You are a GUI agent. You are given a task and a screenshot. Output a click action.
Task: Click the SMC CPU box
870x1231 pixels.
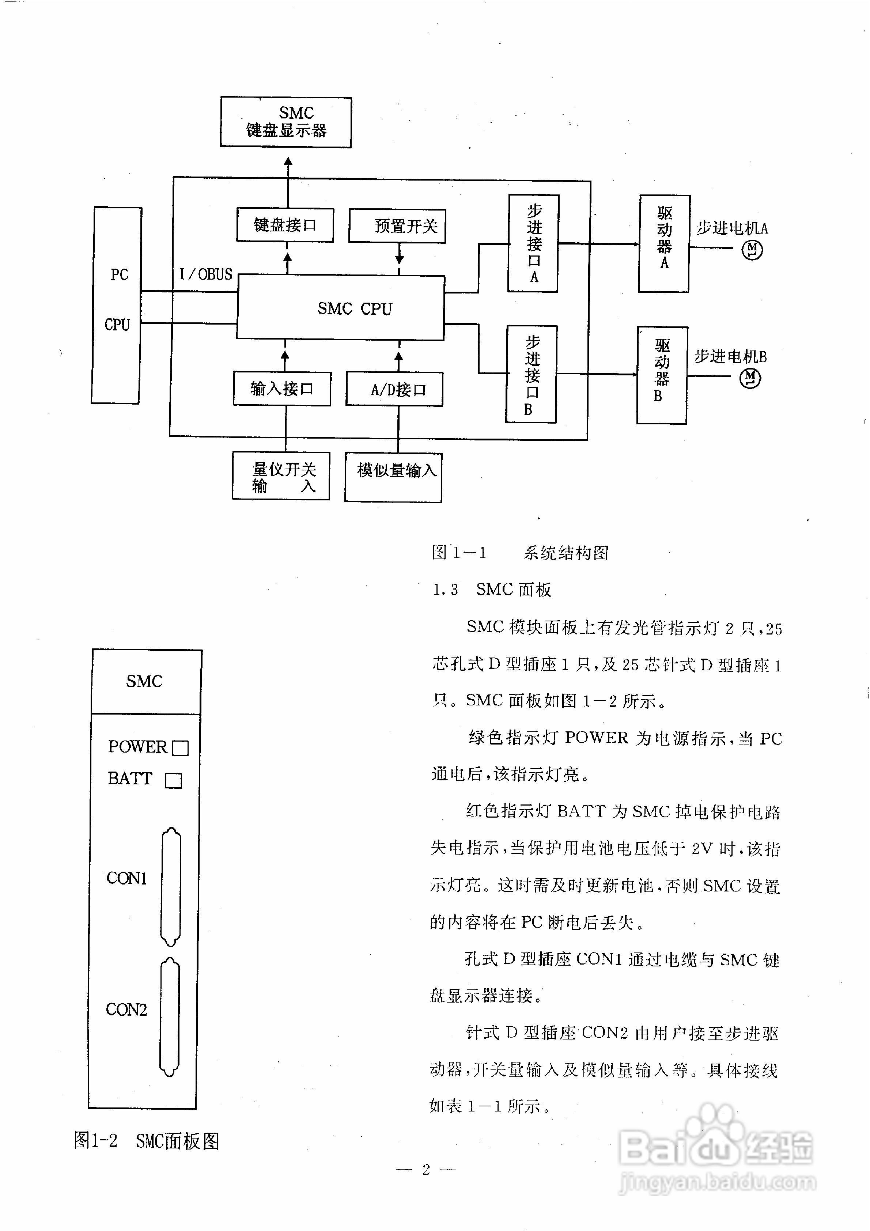coord(341,308)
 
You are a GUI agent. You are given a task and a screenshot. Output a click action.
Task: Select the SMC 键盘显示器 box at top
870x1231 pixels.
coord(286,122)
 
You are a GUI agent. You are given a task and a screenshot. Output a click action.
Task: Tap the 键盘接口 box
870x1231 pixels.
coord(285,225)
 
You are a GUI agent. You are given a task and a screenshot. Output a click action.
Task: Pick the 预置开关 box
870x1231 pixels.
coord(397,226)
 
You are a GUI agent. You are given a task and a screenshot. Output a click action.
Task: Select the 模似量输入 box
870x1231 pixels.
coord(393,477)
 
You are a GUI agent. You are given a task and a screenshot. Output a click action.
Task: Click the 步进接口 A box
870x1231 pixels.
coord(533,243)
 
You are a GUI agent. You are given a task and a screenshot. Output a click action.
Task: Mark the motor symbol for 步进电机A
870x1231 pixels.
coord(752,250)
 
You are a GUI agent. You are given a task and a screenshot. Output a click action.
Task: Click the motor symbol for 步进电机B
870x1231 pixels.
coord(750,379)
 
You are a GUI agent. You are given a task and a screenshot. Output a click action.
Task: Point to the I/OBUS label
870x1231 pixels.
coord(206,274)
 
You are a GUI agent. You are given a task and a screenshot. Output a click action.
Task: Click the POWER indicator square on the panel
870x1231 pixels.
coord(180,748)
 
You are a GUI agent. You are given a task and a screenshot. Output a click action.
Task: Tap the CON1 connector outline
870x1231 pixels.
coord(171,887)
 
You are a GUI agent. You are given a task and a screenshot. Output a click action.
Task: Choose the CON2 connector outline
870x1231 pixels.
coord(170,1018)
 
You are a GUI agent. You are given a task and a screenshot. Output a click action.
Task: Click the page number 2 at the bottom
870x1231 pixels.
coord(427,1169)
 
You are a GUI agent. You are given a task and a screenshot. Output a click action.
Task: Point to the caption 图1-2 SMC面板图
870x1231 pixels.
coord(147,1141)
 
